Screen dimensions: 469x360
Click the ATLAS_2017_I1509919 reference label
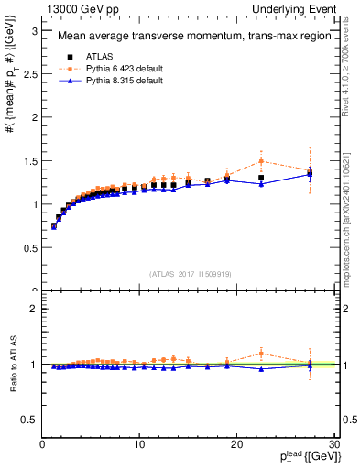[x=189, y=273]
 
